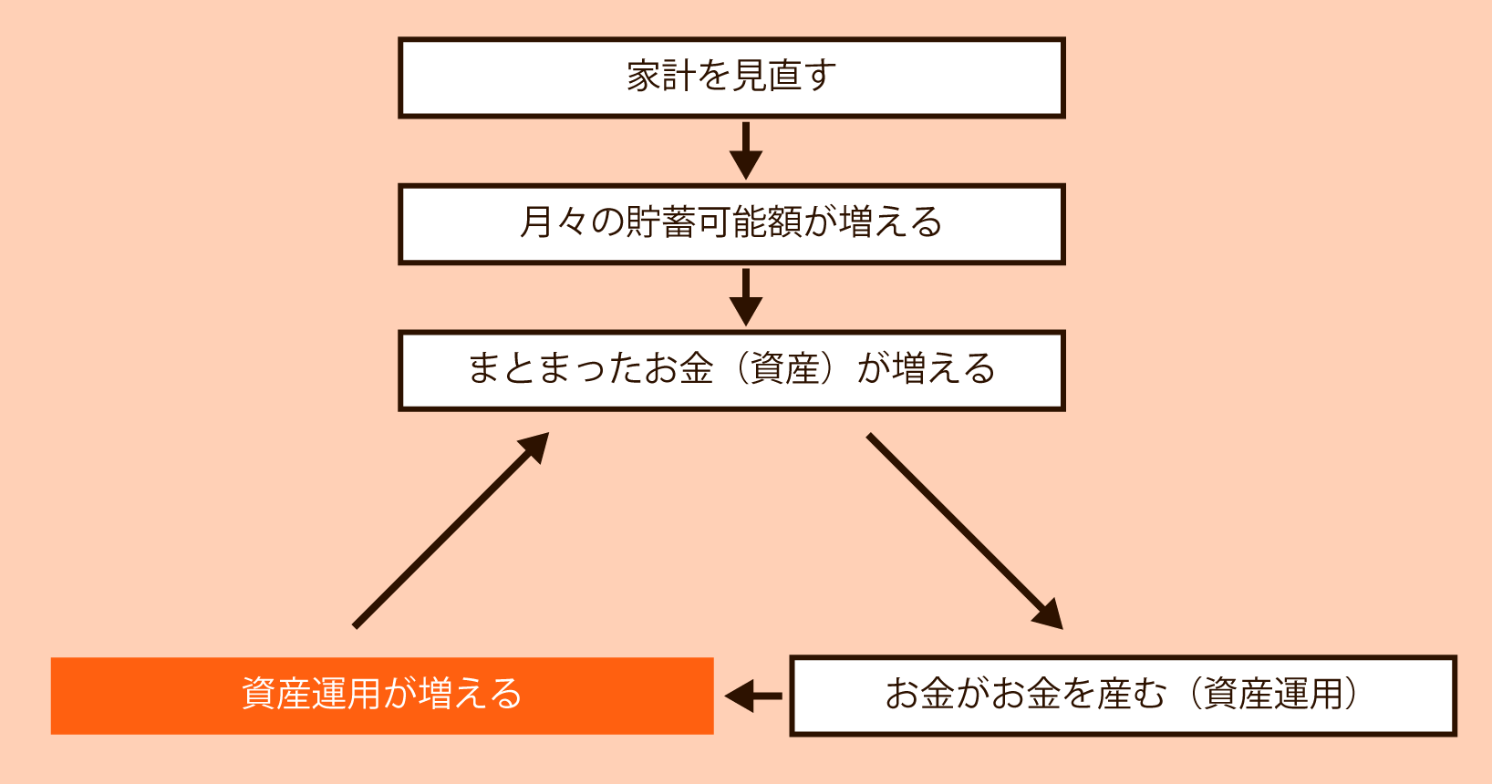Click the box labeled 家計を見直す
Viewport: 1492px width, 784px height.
click(x=731, y=77)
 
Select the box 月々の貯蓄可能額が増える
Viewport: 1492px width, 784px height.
click(x=731, y=224)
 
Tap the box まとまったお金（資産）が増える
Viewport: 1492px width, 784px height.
click(x=731, y=371)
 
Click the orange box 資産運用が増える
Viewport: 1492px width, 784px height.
click(x=382, y=696)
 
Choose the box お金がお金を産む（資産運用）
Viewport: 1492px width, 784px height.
click(x=1123, y=696)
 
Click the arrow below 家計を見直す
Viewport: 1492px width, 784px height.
click(x=745, y=150)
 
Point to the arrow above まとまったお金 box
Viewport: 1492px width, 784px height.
click(x=745, y=297)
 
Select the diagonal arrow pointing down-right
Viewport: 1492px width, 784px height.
click(x=964, y=531)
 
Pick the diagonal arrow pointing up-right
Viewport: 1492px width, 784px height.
click(x=451, y=531)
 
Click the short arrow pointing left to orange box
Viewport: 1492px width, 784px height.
click(x=753, y=696)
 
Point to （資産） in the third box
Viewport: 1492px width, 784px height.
click(x=785, y=369)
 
